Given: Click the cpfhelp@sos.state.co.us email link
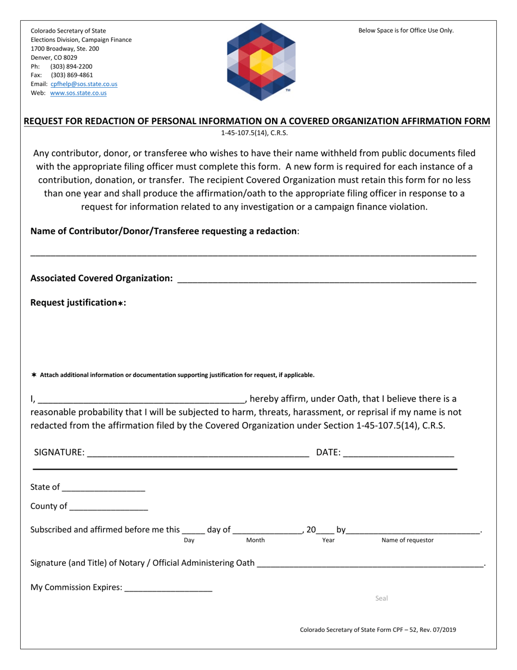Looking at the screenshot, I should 84,84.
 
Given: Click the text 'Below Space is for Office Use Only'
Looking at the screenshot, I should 405,31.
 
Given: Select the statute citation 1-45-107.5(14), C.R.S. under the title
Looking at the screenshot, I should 254,133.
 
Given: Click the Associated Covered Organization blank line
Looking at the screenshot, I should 327,279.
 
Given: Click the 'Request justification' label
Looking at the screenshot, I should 78,302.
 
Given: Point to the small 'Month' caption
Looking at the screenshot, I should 255,540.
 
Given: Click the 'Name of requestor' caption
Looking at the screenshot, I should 408,540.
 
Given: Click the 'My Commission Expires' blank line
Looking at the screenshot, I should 168,589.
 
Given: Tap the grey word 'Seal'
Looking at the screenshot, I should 381,599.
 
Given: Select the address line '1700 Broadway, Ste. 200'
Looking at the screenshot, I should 65,48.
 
